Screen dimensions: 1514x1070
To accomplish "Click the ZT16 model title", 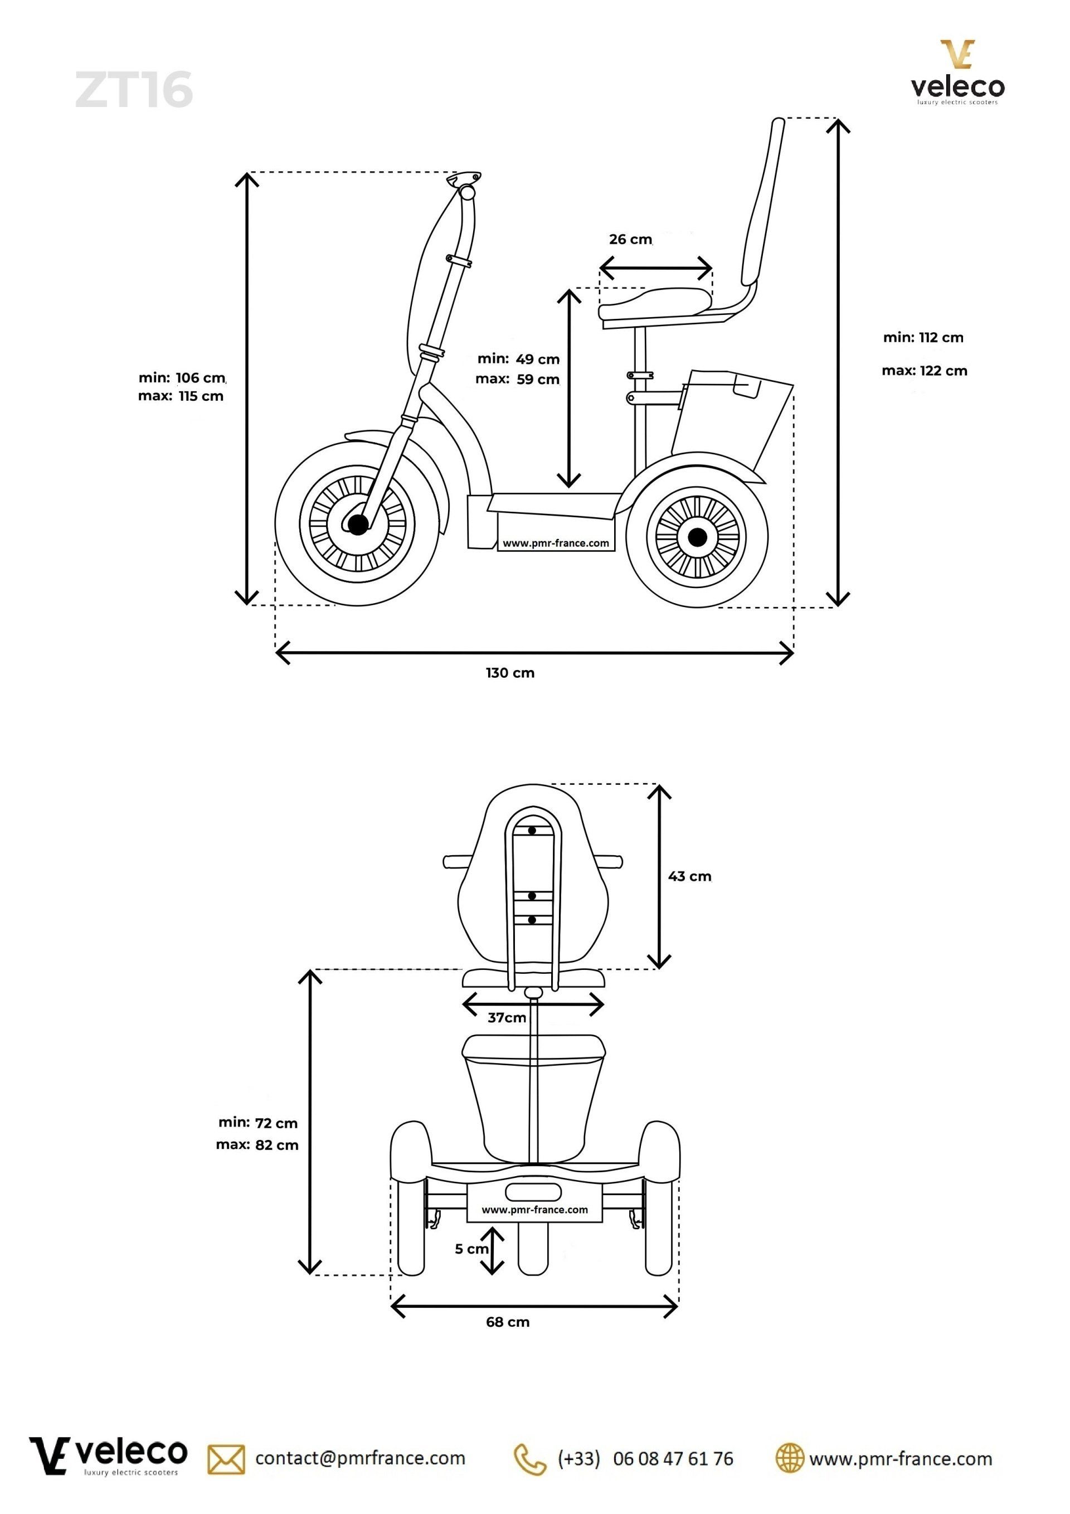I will tap(134, 90).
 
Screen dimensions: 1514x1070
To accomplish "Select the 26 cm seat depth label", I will tap(630, 239).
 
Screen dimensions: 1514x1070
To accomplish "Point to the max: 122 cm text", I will tap(925, 371).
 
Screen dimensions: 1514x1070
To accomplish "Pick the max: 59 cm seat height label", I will tap(518, 379).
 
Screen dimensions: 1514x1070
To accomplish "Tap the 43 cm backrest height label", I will tap(689, 876).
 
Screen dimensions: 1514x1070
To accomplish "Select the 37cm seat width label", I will tap(507, 1017).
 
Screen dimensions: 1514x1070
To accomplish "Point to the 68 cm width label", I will tap(508, 1322).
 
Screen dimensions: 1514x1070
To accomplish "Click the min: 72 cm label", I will tap(259, 1123).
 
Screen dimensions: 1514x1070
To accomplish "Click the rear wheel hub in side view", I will tap(697, 537).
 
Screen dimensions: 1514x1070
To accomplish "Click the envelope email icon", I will tap(226, 1459).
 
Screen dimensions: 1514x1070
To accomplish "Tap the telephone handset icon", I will tap(530, 1459).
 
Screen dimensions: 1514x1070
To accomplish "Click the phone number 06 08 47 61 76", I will tap(673, 1459).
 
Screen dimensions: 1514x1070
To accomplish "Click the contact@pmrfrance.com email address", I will tap(360, 1458).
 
